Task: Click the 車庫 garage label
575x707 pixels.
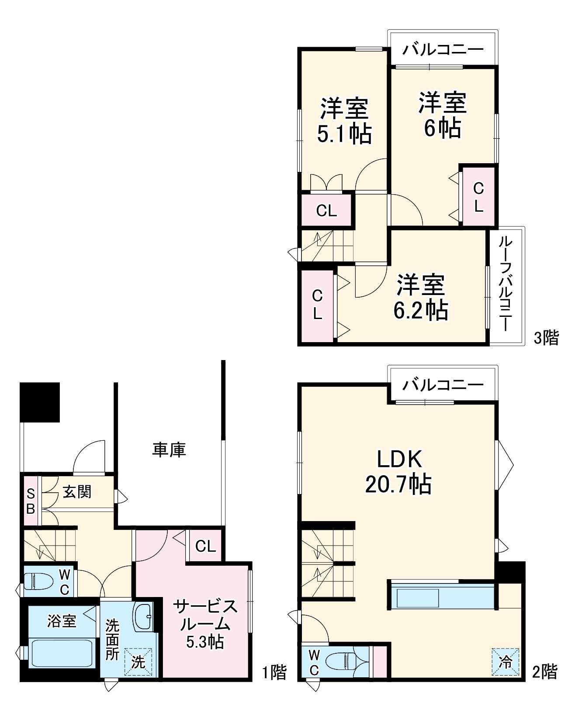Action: tap(169, 450)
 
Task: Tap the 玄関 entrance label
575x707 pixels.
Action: tap(77, 492)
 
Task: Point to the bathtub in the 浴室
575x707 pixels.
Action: tap(61, 652)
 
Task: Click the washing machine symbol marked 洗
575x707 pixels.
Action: tap(138, 662)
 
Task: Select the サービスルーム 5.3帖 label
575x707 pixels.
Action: tap(205, 623)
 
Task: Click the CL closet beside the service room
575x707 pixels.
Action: tap(205, 546)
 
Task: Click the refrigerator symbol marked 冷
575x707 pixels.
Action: tap(506, 662)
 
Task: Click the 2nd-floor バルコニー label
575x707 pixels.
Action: tap(443, 384)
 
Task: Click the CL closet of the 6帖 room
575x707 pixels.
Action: tap(478, 197)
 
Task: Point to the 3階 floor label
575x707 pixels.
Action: tap(546, 337)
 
